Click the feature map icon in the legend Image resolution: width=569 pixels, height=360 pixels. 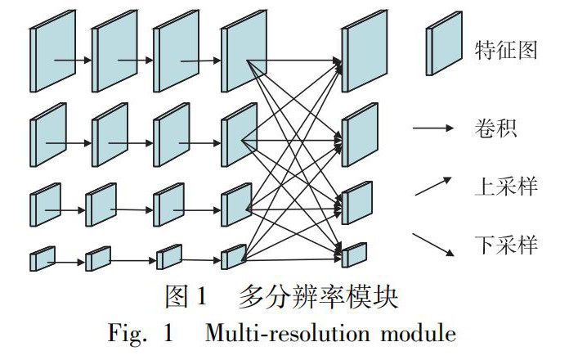(442, 51)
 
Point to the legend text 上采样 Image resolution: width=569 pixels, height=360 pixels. (505, 186)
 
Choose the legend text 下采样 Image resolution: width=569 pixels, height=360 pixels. (505, 243)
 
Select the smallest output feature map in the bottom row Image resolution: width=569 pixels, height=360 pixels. (355, 255)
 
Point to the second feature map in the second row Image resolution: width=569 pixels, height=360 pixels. (110, 134)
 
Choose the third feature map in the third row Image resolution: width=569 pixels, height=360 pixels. (168, 204)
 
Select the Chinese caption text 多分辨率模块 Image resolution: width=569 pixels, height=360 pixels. (318, 299)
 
